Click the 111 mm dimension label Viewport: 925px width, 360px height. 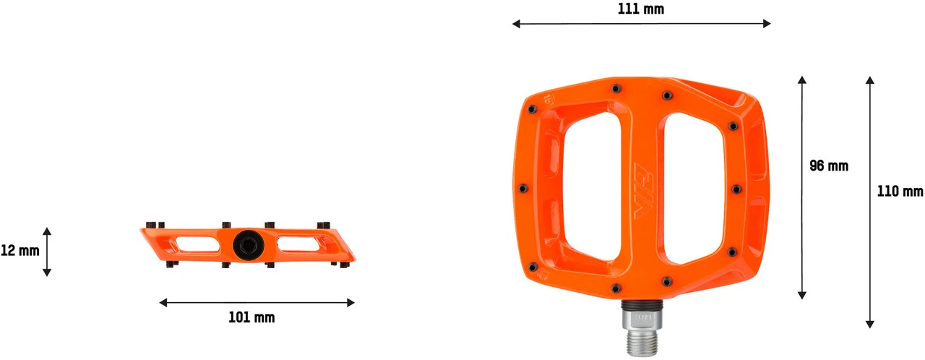click(641, 9)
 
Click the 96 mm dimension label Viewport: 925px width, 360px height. click(828, 166)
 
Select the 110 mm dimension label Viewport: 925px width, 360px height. click(900, 192)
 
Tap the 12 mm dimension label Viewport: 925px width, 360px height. click(20, 251)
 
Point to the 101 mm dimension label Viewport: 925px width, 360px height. click(251, 317)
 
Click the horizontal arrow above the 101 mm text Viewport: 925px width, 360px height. click(257, 302)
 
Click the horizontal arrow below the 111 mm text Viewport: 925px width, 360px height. click(641, 24)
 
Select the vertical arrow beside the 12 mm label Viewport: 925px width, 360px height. click(47, 252)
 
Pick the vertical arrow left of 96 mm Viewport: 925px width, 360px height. click(801, 187)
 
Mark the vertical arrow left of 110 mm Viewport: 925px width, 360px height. click(870, 201)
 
